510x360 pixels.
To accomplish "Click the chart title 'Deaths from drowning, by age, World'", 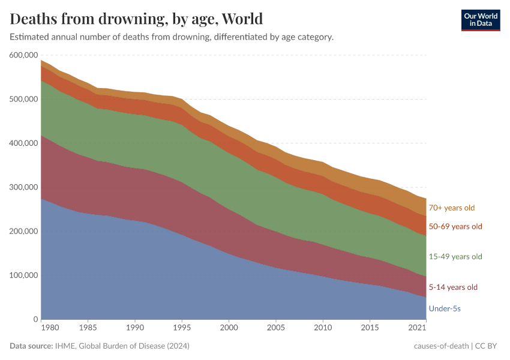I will coord(136,19).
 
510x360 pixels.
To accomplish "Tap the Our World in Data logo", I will coord(480,19).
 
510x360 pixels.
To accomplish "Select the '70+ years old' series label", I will coord(451,208).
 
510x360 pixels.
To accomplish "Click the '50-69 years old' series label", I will coord(455,226).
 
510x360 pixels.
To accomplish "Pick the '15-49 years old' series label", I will coord(455,257).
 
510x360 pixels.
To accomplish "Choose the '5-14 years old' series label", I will coord(453,287).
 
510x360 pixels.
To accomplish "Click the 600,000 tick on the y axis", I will coord(24,55).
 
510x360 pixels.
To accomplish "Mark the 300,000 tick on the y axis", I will coord(24,187).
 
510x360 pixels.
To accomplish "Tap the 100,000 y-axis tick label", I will coord(24,275).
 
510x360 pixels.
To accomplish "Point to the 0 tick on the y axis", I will coord(36,319).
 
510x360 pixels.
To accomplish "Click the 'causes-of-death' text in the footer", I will coord(441,346).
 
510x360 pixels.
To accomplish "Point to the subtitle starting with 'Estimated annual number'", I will coord(172,37).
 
